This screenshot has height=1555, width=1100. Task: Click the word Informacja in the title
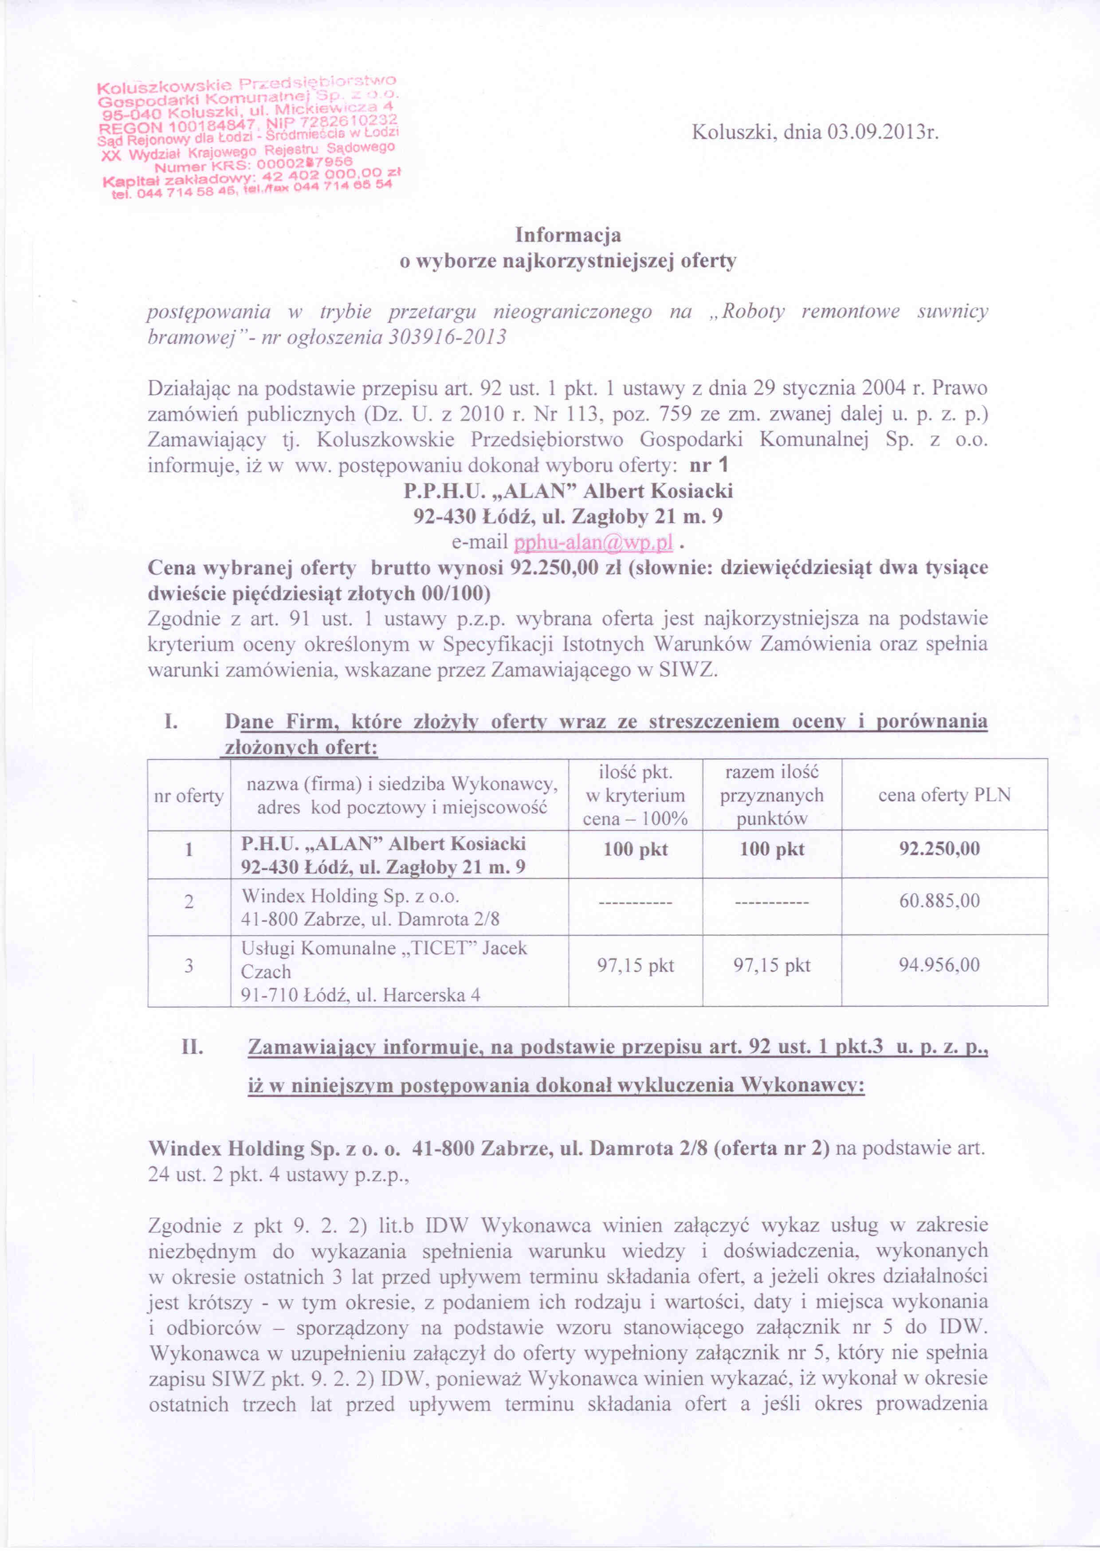point(568,235)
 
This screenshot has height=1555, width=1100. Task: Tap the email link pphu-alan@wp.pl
point(593,542)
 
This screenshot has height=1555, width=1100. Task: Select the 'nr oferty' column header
point(189,795)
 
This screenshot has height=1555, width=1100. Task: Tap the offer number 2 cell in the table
point(189,901)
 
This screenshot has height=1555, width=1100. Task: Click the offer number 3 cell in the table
point(189,965)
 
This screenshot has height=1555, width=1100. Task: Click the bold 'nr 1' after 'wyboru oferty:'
point(708,465)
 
